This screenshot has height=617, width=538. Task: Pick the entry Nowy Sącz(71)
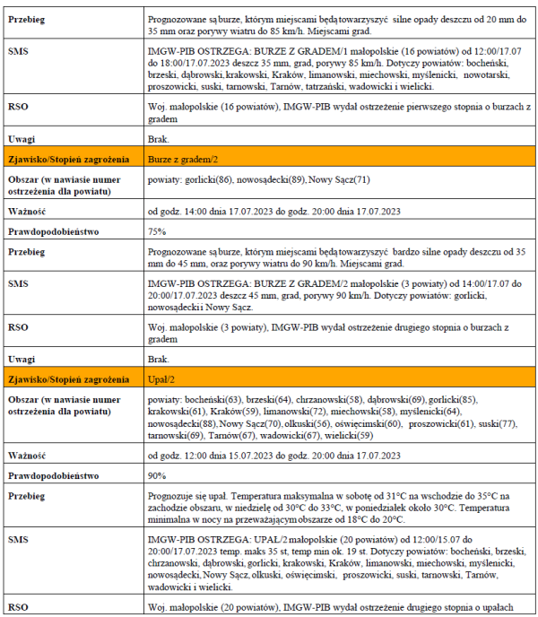(x=340, y=179)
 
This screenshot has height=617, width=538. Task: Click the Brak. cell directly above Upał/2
(x=158, y=359)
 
